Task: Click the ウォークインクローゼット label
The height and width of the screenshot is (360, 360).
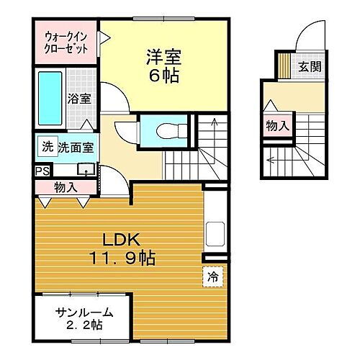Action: point(66,41)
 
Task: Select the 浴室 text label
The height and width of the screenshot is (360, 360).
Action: point(79,99)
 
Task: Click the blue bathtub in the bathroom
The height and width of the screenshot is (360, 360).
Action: point(49,98)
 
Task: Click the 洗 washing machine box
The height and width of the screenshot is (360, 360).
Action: point(47,147)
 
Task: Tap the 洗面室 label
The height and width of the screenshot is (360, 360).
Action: point(73,148)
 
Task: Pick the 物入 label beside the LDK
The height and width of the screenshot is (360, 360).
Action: point(66,187)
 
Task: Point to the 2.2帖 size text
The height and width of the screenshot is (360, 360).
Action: point(84,325)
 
